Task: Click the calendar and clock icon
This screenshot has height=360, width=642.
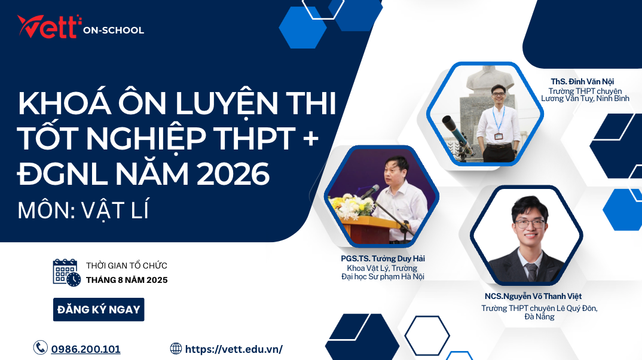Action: [66, 273]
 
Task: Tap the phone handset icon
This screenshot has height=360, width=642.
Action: [40, 348]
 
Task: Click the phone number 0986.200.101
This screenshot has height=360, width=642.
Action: [85, 349]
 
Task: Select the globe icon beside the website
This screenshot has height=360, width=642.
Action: [176, 349]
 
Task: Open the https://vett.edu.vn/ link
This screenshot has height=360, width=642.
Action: [234, 349]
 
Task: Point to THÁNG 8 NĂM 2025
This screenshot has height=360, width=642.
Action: [127, 280]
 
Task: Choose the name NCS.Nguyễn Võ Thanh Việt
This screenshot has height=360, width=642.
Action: [533, 296]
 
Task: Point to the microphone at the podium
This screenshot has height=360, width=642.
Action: [371, 191]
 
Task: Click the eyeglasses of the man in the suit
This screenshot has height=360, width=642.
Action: [530, 224]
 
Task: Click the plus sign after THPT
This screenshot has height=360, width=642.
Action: [311, 139]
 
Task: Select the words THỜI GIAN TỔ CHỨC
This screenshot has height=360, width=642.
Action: [127, 266]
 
